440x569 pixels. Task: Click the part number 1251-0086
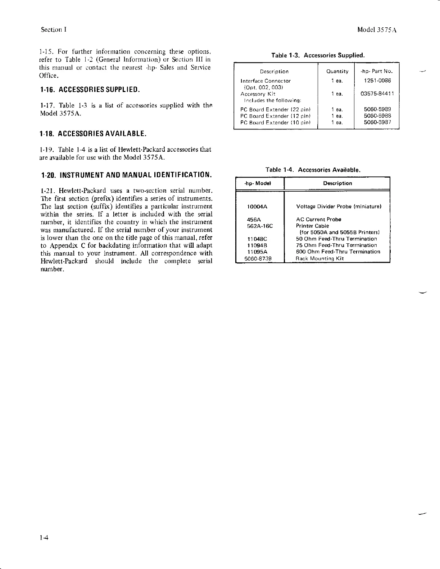[x=377, y=81]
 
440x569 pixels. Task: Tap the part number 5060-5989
[x=377, y=109]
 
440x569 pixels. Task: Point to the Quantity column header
[x=337, y=72]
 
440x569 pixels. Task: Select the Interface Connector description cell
[x=266, y=81]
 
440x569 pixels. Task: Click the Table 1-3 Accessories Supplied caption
[x=318, y=55]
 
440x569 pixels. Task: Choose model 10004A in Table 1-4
[x=257, y=207]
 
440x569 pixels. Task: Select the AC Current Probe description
[x=318, y=219]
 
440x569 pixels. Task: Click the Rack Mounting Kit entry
[x=319, y=258]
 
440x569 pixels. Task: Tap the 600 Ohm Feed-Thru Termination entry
[x=338, y=252]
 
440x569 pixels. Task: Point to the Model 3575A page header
[x=377, y=30]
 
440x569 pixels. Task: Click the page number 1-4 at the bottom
[x=44, y=538]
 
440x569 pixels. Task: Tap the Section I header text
[x=53, y=29]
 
